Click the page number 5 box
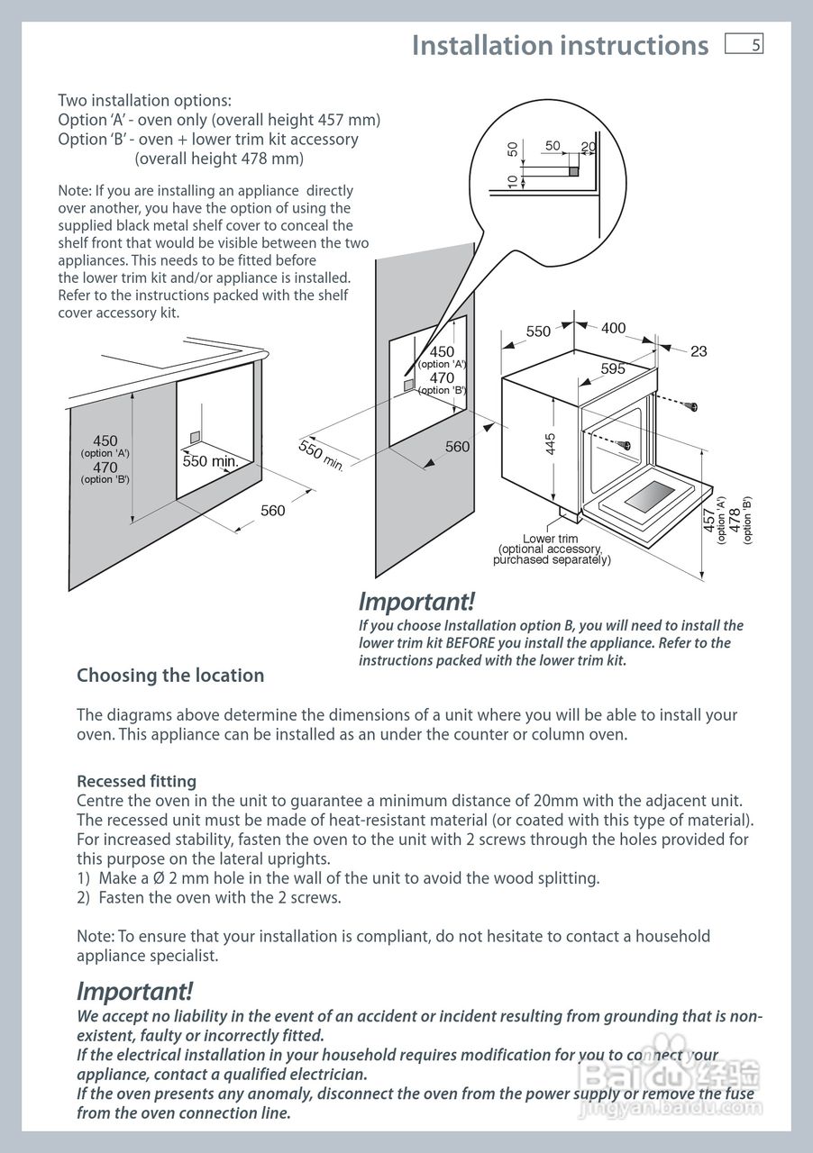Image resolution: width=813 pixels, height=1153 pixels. [744, 45]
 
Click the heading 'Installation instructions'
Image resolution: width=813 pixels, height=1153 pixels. [560, 45]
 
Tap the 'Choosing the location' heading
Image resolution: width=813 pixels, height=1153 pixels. [170, 676]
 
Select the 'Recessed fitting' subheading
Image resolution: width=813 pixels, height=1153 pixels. [136, 781]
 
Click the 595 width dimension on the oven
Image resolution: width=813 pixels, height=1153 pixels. [613, 368]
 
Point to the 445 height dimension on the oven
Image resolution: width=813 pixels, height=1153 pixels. [551, 444]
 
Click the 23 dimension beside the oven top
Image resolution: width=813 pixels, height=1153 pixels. [699, 351]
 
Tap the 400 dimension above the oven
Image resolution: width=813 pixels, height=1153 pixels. [613, 329]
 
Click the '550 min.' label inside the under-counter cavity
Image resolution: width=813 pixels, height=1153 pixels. [210, 461]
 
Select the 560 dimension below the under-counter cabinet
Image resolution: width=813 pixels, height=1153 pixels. [272, 511]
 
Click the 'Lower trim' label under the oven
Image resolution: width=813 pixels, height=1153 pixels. [551, 539]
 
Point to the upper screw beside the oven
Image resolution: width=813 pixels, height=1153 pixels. [692, 407]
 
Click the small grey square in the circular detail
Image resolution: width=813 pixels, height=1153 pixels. [573, 170]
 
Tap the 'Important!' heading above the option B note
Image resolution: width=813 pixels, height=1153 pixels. [416, 601]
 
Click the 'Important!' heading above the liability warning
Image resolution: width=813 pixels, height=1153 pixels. [134, 992]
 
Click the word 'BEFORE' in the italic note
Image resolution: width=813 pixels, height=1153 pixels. [471, 643]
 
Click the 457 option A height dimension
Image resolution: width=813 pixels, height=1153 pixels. [709, 520]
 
